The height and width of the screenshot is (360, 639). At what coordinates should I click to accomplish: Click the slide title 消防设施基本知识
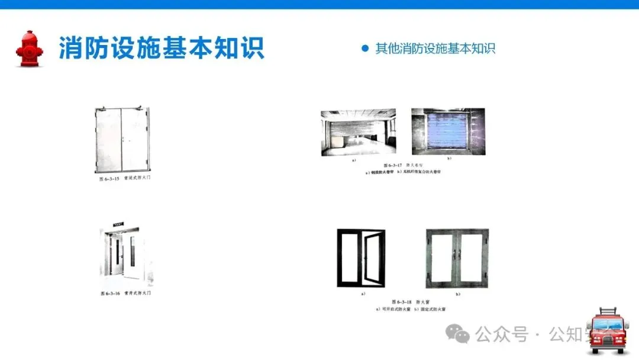click(x=161, y=48)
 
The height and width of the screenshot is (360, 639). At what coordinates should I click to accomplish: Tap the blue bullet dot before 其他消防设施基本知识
click(x=365, y=48)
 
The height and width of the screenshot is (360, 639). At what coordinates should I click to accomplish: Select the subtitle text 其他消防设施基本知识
click(x=435, y=49)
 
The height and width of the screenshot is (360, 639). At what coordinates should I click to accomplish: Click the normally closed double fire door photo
click(x=122, y=140)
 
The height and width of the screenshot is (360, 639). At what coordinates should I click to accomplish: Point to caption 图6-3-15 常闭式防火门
click(x=125, y=178)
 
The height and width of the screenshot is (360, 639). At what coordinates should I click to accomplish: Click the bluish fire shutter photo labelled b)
click(x=448, y=132)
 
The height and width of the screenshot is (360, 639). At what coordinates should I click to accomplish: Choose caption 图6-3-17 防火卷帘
click(x=405, y=165)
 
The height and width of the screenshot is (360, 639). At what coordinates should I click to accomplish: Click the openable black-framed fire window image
click(x=361, y=258)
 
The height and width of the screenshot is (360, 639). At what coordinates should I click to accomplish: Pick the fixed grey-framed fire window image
click(x=457, y=258)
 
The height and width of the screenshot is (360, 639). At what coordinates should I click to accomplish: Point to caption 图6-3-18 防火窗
click(x=410, y=302)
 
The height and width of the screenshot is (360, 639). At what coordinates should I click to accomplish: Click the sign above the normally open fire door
click(x=117, y=226)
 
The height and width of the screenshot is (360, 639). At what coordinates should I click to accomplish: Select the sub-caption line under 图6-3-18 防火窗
click(x=410, y=309)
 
